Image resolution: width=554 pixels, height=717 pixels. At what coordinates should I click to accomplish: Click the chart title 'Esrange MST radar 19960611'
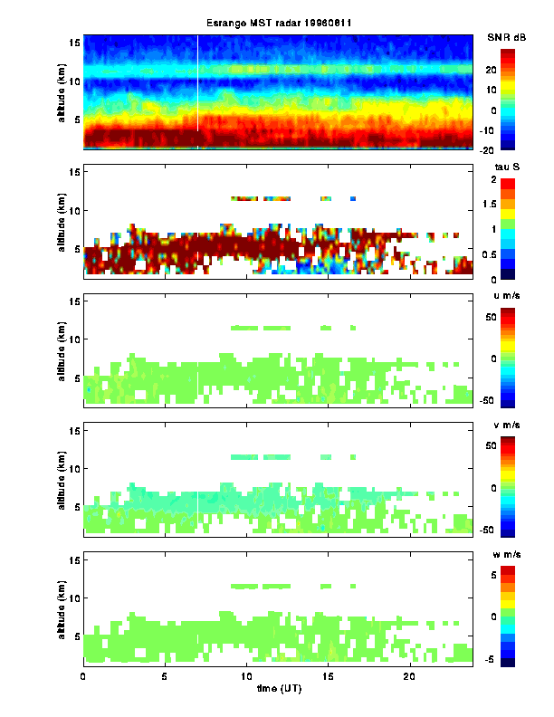click(278, 23)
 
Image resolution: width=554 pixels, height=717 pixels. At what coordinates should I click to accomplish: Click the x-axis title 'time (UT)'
click(278, 689)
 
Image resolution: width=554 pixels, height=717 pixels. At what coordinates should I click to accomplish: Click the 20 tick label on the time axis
click(410, 676)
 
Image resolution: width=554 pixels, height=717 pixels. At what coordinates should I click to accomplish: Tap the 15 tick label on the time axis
click(329, 676)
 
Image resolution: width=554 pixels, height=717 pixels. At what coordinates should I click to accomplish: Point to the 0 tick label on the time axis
click(83, 676)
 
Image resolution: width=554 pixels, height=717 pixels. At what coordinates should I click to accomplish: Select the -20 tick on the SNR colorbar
click(512, 150)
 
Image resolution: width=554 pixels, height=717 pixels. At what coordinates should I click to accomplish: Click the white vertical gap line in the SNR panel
click(197, 81)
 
